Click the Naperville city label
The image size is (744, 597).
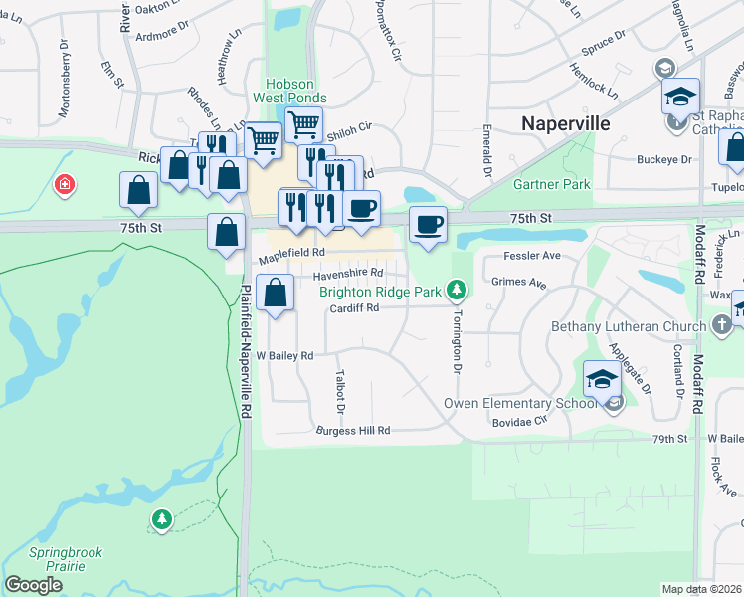[x=566, y=124]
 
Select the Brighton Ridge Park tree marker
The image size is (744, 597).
[x=456, y=290]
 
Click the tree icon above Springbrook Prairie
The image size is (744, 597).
[x=161, y=518]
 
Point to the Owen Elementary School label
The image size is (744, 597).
[x=526, y=403]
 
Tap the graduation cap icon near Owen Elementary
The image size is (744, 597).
[x=602, y=380]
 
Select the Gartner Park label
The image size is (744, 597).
[x=551, y=184]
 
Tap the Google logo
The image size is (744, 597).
[x=33, y=585]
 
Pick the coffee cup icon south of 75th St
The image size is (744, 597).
[x=428, y=224]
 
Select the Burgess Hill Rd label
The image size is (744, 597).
[x=352, y=431]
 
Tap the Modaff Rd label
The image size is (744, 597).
[x=699, y=382]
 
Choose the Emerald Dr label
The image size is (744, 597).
[x=487, y=149]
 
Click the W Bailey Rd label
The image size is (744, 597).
[x=284, y=355]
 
